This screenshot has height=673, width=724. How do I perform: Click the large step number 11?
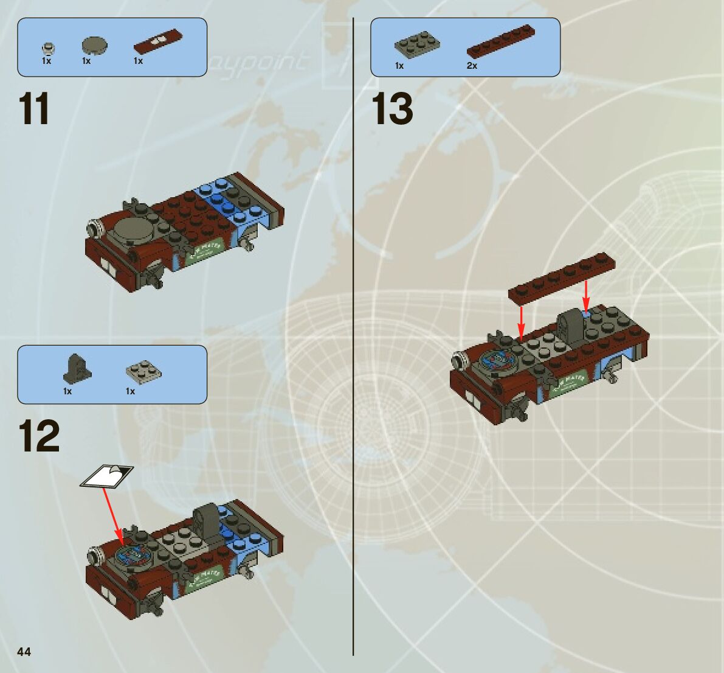pyautogui.click(x=34, y=110)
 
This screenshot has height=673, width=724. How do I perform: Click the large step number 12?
pyautogui.click(x=39, y=436)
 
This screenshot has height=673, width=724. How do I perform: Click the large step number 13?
pyautogui.click(x=392, y=110)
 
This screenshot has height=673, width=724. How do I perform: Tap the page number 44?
pyautogui.click(x=24, y=652)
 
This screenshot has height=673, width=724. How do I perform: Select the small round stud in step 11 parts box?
pyautogui.click(x=47, y=47)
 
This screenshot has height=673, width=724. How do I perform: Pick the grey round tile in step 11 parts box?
pyautogui.click(x=94, y=45)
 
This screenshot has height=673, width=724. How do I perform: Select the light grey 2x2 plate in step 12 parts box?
pyautogui.click(x=144, y=371)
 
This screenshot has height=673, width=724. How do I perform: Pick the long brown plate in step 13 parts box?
pyautogui.click(x=497, y=43)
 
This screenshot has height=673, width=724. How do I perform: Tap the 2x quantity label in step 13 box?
pyautogui.click(x=472, y=66)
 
